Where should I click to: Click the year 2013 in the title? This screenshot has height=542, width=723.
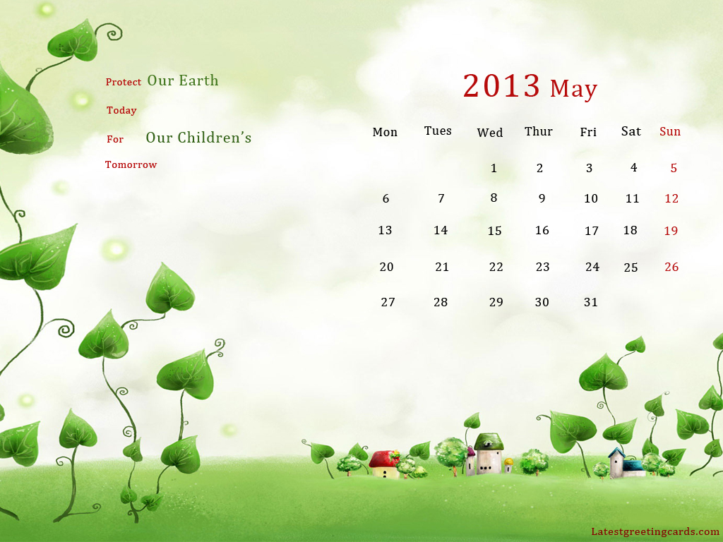tap(501, 85)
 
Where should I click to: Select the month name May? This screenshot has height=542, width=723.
tap(573, 88)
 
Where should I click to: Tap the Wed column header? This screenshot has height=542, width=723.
tap(490, 133)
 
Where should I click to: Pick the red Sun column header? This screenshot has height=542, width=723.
tap(670, 131)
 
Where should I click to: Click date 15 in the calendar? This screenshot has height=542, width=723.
tap(494, 231)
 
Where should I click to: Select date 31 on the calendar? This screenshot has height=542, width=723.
tap(591, 302)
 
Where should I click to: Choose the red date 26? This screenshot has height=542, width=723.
tap(671, 267)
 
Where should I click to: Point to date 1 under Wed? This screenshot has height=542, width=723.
tap(494, 168)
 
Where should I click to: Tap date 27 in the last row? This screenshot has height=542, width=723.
tap(388, 302)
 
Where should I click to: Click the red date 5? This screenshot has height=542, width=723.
tap(674, 168)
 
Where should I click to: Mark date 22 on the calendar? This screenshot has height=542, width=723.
tap(496, 267)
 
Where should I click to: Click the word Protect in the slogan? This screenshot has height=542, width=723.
tap(124, 82)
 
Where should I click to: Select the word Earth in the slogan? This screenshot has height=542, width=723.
tap(198, 80)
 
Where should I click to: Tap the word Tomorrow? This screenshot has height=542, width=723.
tap(131, 164)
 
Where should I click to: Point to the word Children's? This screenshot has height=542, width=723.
tap(215, 138)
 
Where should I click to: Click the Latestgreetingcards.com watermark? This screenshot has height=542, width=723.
tap(655, 531)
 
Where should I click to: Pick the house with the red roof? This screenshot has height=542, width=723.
tap(383, 464)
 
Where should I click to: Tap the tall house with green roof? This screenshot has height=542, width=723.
tap(488, 454)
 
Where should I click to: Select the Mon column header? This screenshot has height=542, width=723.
tap(385, 132)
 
